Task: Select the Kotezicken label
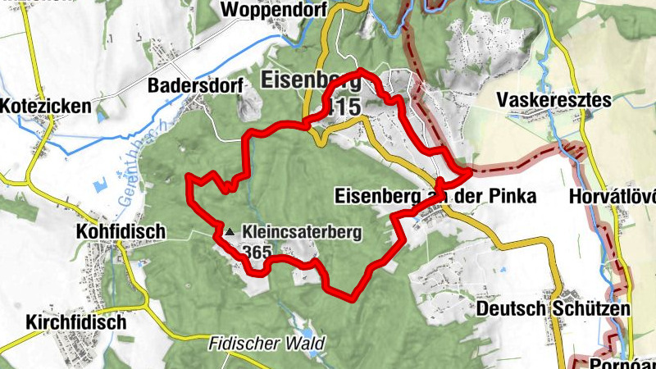click(x=41, y=107)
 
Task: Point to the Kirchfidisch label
click(x=75, y=321)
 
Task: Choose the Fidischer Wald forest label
click(x=266, y=343)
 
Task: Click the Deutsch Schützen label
click(x=553, y=309)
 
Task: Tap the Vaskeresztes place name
click(x=554, y=101)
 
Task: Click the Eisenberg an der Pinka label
click(x=435, y=197)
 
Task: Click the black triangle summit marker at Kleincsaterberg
click(x=231, y=233)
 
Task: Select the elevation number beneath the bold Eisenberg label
click(x=343, y=106)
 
